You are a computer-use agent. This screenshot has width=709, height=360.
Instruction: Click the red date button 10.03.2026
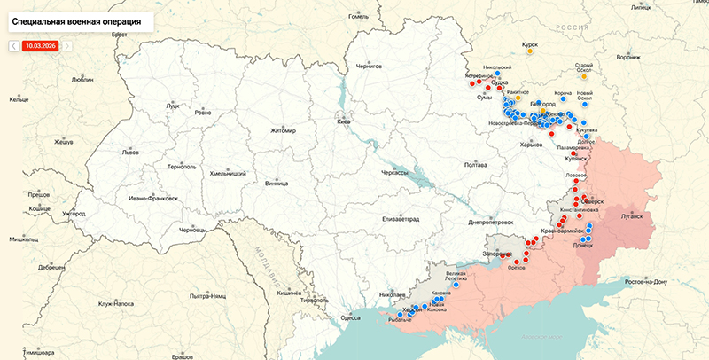coord(40,44)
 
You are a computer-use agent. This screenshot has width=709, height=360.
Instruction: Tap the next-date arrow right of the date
coord(67,44)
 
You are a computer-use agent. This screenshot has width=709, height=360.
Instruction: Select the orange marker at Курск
coord(530,51)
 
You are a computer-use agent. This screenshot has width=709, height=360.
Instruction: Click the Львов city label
coord(130,152)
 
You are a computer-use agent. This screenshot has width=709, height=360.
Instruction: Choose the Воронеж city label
coord(627,58)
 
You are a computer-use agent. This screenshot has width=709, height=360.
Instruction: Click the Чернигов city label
coord(368,66)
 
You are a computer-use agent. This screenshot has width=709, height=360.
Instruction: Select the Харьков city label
coord(531,145)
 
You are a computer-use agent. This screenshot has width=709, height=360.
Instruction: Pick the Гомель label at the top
coord(358,16)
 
